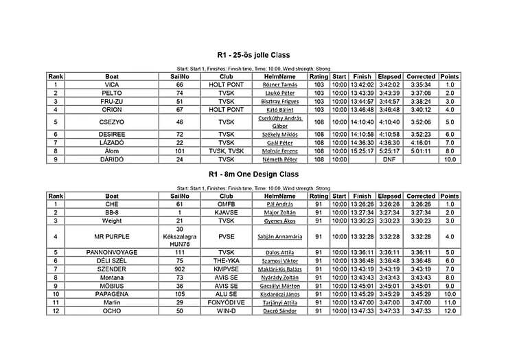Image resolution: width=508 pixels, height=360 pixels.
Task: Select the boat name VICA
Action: (112, 85)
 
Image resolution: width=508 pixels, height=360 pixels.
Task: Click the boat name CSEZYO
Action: (112, 122)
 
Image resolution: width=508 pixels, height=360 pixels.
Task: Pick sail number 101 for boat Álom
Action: (180, 150)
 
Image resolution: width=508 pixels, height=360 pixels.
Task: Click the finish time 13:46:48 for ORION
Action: (362, 109)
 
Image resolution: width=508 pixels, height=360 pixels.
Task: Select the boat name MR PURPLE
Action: (112, 237)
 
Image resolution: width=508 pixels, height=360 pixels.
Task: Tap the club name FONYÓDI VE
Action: (227, 303)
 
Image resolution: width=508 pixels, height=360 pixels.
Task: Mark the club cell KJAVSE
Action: (227, 212)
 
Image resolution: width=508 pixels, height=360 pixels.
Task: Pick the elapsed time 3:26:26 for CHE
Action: (390, 204)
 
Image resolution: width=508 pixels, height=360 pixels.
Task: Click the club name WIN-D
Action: (227, 311)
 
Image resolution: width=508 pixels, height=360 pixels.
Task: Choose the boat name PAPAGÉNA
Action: (112, 295)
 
